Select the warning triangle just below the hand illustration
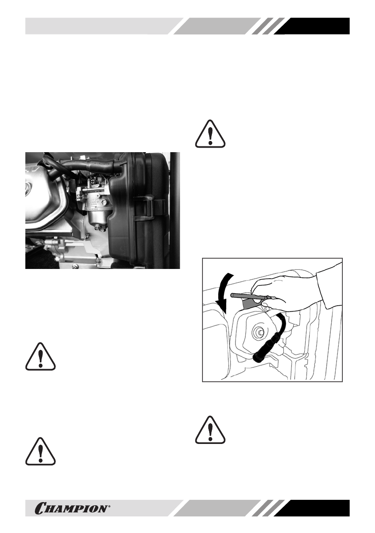211,429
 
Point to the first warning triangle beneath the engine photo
41,357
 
